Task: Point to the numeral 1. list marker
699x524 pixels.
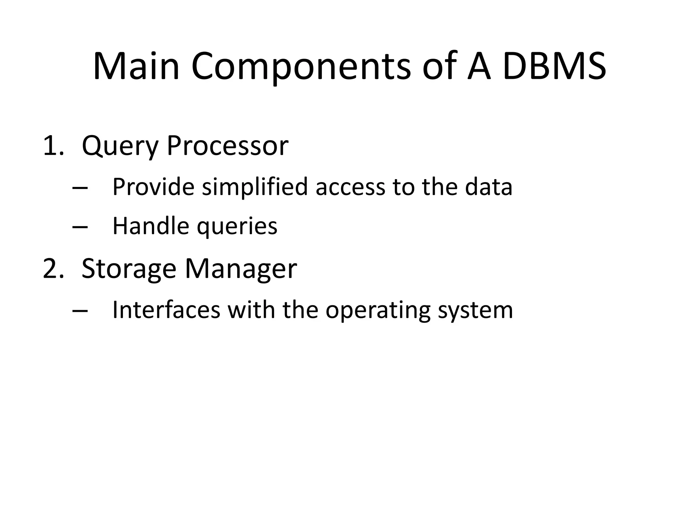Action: click(x=53, y=146)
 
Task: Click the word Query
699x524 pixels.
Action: click(x=120, y=147)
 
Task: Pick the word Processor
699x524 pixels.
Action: click(x=227, y=146)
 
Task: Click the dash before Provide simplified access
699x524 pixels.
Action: click(x=80, y=188)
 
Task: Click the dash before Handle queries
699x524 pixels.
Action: click(x=80, y=227)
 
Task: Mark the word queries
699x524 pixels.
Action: click(x=237, y=227)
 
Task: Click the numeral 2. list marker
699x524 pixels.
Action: click(x=53, y=269)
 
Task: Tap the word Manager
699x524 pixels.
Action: click(x=241, y=270)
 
